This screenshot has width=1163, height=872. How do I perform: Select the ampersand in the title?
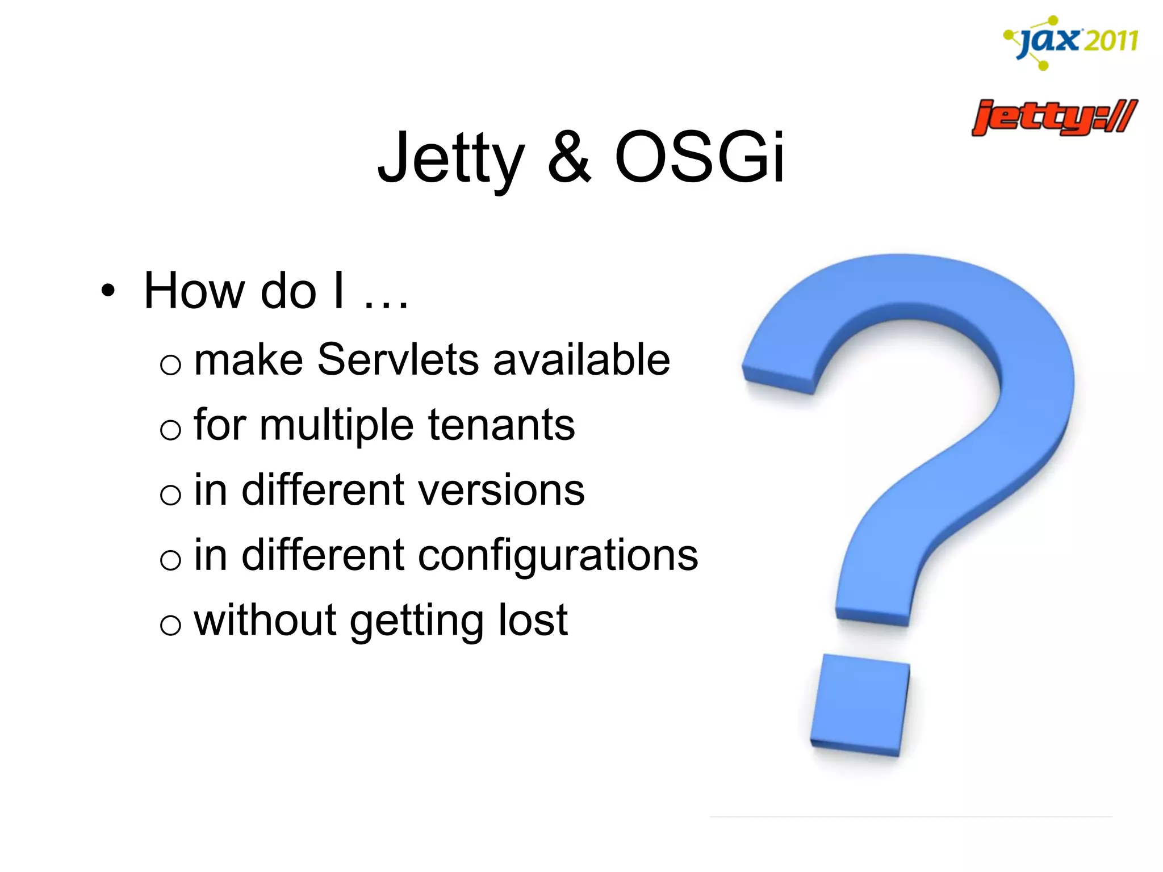tap(570, 158)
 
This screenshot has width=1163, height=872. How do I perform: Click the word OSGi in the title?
tap(700, 158)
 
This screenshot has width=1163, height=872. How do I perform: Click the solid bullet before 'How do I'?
tap(107, 291)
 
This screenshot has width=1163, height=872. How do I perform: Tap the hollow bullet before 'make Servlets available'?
tap(170, 364)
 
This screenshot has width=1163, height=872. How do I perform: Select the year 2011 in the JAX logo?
tap(1111, 41)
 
